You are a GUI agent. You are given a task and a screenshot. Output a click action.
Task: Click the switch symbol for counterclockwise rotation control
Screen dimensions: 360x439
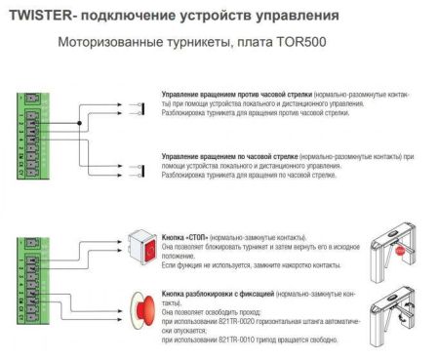[x=123, y=116]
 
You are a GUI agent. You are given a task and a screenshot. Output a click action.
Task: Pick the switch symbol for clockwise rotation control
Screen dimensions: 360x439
[x=123, y=158]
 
